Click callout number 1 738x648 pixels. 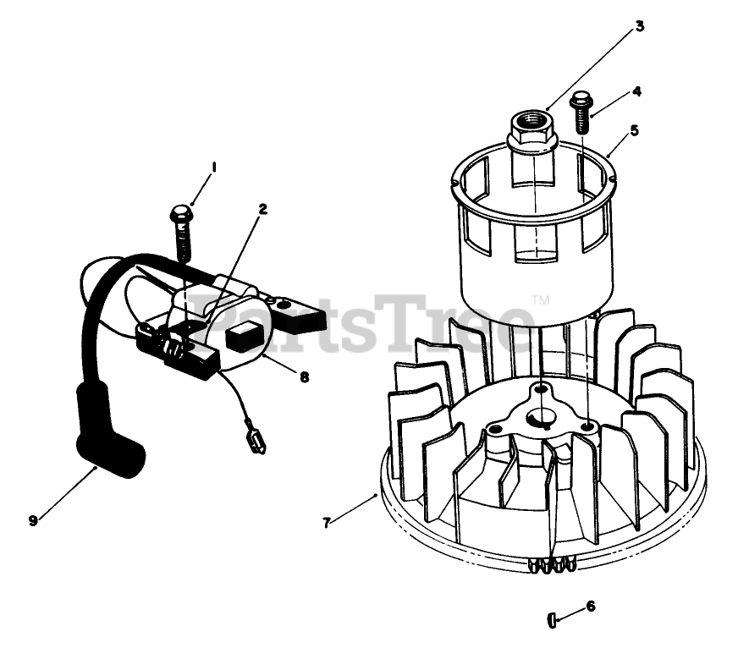(x=213, y=167)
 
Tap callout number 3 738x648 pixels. (x=640, y=26)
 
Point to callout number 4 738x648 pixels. (x=636, y=91)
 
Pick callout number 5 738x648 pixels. (x=634, y=131)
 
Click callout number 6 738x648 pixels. (x=591, y=606)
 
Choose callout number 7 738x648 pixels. (x=326, y=522)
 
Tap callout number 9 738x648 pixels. (x=33, y=521)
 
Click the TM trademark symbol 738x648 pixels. (x=540, y=300)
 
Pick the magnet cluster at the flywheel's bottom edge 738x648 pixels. (x=550, y=564)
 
